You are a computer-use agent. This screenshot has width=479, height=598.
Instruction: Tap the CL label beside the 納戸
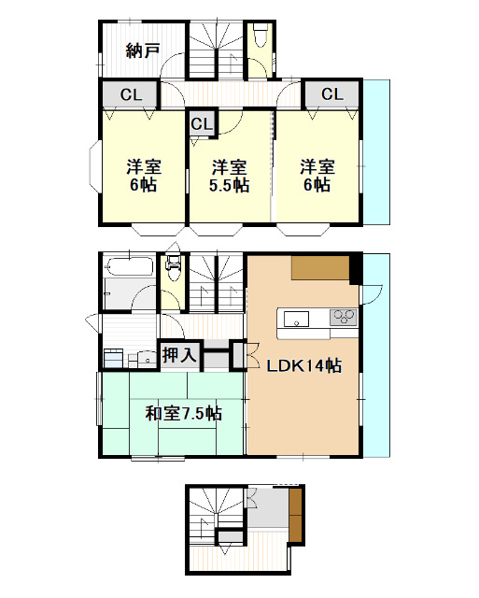(130, 93)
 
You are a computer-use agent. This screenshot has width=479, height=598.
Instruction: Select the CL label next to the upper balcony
(331, 93)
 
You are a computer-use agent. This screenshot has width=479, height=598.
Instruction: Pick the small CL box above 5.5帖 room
(202, 123)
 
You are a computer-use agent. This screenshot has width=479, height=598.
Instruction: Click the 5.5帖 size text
(229, 185)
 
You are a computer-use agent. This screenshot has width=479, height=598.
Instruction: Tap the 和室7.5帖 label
(183, 412)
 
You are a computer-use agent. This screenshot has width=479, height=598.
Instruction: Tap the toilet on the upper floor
(260, 37)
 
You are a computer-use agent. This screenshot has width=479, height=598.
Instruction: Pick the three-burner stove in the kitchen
(344, 317)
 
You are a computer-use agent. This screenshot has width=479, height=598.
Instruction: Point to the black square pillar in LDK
(355, 268)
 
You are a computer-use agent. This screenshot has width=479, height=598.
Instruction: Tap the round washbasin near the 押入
(145, 356)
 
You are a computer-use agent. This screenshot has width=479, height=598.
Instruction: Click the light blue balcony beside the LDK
(375, 364)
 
